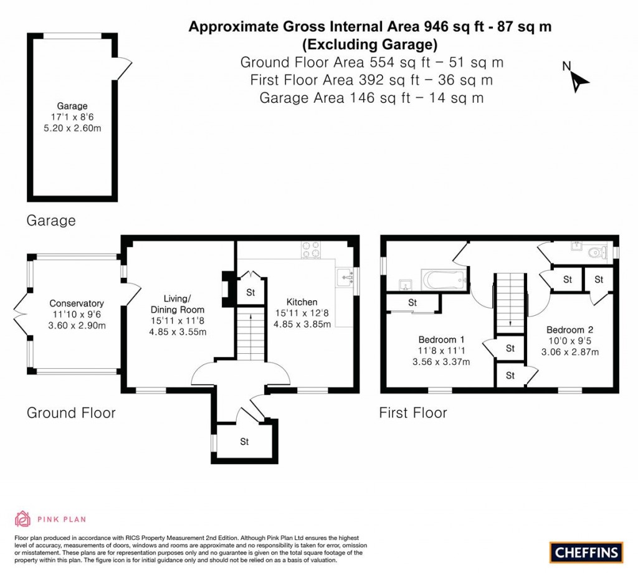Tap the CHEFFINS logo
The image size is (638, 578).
(586, 552)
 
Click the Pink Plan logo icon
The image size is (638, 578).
(22, 518)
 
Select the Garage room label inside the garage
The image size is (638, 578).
(72, 106)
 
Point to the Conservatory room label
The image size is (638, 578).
(77, 304)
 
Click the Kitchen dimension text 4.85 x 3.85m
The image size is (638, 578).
(302, 324)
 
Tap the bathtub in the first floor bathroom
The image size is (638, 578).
(444, 278)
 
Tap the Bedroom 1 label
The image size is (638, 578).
(441, 339)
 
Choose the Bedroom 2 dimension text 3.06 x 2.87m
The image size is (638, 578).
(571, 352)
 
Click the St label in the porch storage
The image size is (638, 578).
(244, 442)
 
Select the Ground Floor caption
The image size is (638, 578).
(71, 412)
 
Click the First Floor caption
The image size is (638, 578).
(413, 412)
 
